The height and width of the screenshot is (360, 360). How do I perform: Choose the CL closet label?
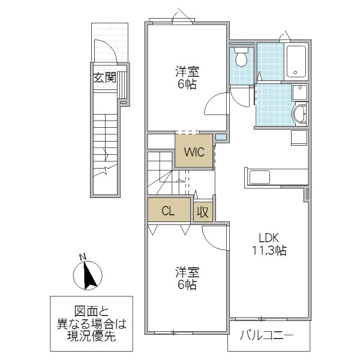point(169,211)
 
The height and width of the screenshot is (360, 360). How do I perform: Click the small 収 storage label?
point(203,211)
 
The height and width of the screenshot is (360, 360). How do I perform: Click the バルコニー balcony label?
point(268,335)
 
